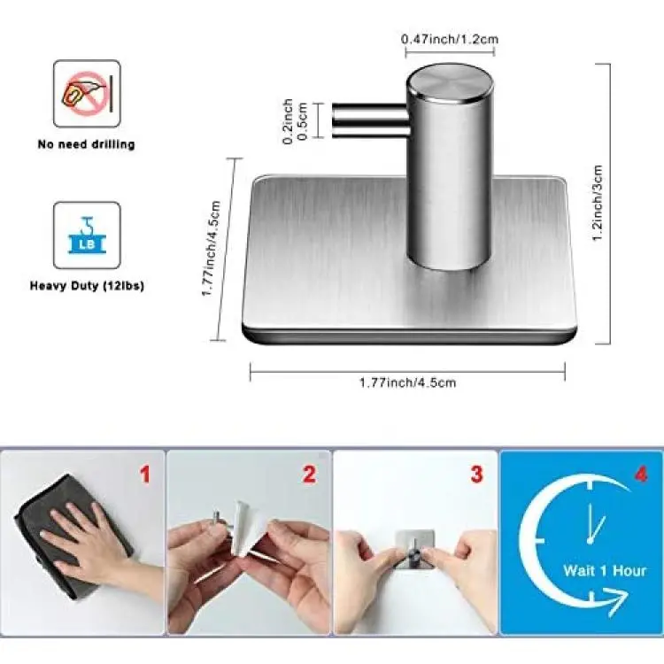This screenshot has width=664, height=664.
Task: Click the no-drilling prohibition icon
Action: pyautogui.click(x=87, y=94)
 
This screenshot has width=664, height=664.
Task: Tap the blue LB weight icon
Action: pyautogui.click(x=87, y=235)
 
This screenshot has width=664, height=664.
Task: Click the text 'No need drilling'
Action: pyautogui.click(x=87, y=144)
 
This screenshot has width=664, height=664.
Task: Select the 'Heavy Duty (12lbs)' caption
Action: pyautogui.click(x=87, y=286)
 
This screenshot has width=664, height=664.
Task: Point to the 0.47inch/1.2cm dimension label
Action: pyautogui.click(x=450, y=39)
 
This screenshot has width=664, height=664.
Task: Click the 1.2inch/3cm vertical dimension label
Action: pyautogui.click(x=597, y=204)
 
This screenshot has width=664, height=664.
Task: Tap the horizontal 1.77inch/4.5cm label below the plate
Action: pyautogui.click(x=408, y=382)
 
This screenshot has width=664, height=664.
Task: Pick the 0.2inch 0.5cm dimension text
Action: pyautogui.click(x=295, y=121)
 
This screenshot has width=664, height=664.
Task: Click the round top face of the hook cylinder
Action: pyautogui.click(x=450, y=83)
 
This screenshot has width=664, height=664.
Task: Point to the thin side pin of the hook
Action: pyautogui.click(x=370, y=120)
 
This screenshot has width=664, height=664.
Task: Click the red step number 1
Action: pyautogui.click(x=145, y=475)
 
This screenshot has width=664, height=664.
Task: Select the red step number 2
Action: pyautogui.click(x=310, y=475)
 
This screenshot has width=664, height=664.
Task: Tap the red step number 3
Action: pyautogui.click(x=477, y=475)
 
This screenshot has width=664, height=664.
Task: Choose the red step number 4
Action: pyautogui.click(x=641, y=474)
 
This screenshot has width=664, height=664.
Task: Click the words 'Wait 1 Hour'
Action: pyautogui.click(x=605, y=571)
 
